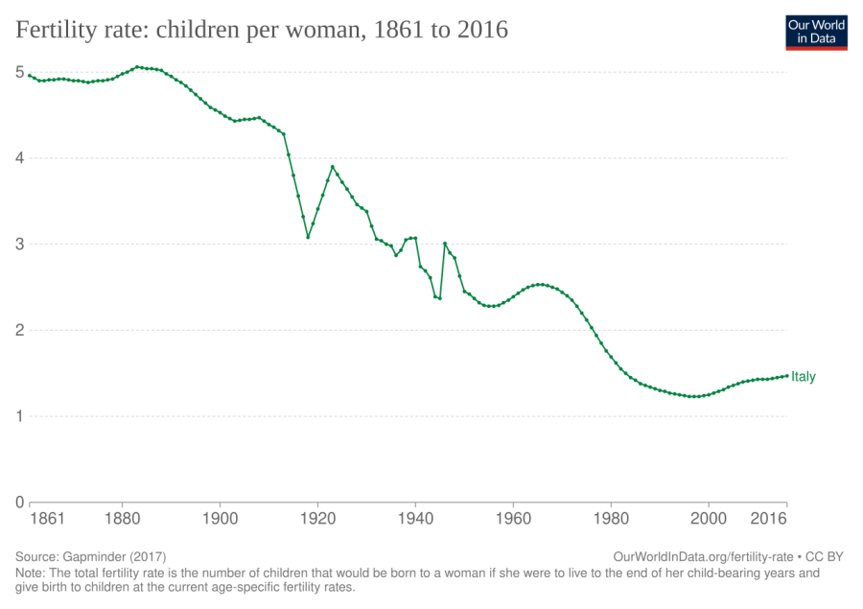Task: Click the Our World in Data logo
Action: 816,31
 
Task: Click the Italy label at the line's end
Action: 804,378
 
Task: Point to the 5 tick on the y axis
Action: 20,72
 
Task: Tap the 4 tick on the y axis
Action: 20,158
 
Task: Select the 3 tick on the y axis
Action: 20,245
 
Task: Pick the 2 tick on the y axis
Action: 20,331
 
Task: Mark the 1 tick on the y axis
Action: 20,416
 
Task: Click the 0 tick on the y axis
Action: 20,503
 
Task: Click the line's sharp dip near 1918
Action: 308,236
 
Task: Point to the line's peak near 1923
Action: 333,167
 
